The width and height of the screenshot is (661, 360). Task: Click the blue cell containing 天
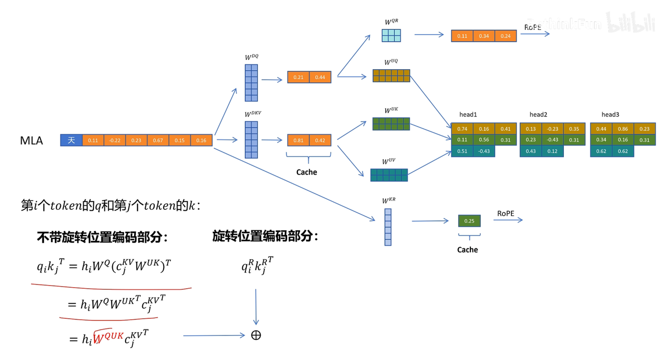(71, 140)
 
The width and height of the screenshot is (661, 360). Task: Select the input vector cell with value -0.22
(115, 140)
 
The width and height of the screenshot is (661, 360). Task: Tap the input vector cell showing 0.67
(158, 140)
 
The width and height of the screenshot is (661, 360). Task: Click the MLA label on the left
(31, 140)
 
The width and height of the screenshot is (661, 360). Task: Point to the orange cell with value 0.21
(298, 77)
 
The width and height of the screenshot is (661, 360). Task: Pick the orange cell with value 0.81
(298, 140)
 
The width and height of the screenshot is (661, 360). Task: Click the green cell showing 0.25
(469, 221)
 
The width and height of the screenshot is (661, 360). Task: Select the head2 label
(538, 114)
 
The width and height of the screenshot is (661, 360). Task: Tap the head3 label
(610, 114)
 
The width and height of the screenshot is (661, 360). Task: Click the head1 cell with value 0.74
(462, 129)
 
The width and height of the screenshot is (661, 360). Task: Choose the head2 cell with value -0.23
(553, 129)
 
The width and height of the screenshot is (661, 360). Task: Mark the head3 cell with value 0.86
(623, 129)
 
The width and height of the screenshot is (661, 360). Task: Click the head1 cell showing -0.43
(484, 151)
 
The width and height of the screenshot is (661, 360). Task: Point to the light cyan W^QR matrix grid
(391, 35)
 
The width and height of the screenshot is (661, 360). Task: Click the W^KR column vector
(388, 227)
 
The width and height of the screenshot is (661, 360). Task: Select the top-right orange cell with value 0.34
(484, 36)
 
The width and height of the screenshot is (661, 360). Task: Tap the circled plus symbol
(256, 335)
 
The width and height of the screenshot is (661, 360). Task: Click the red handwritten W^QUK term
(108, 336)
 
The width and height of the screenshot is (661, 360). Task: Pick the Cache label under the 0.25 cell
(467, 250)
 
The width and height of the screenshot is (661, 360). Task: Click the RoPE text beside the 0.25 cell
(506, 213)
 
